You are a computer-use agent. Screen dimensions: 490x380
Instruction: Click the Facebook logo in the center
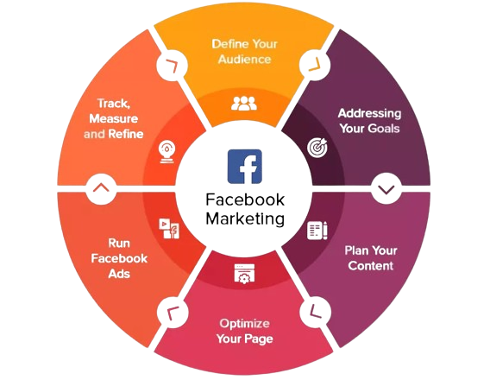point(245,167)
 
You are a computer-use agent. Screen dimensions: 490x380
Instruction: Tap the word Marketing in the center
point(245,218)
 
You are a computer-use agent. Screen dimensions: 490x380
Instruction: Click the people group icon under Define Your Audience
point(244,104)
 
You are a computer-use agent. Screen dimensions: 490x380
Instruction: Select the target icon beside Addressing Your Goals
point(317,148)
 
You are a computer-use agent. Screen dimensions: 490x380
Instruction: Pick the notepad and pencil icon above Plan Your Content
point(317,231)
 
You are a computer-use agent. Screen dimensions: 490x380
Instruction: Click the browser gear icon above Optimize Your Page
point(244,274)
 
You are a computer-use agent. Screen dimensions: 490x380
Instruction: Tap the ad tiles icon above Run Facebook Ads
point(169,229)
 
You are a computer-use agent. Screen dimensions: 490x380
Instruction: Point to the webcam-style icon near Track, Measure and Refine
point(166,152)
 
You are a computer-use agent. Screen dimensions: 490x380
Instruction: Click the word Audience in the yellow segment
point(245,59)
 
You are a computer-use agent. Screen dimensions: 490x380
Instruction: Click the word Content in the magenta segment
point(371,265)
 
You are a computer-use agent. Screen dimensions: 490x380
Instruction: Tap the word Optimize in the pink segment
point(244,324)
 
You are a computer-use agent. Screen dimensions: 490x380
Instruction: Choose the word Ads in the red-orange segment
point(119,274)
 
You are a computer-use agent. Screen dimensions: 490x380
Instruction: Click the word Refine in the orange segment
point(126,134)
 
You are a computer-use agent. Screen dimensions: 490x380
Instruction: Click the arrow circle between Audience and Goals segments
point(315,65)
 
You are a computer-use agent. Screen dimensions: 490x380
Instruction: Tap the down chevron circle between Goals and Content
point(386,188)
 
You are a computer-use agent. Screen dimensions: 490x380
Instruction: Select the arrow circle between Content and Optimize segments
point(316,312)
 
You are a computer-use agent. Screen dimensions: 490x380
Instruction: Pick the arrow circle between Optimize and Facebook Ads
point(173,313)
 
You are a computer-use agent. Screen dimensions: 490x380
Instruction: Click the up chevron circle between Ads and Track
point(101,188)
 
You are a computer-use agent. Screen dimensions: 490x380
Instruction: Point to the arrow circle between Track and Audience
point(172,65)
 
